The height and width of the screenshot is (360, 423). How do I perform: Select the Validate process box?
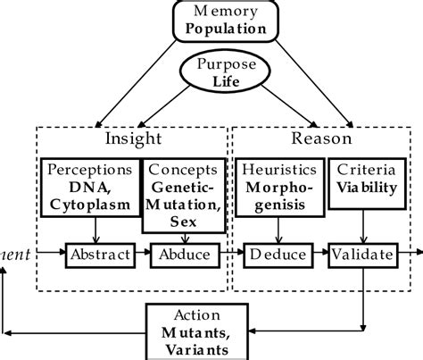coord(361,255)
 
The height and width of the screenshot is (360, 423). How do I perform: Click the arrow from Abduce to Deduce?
coord(228,255)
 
